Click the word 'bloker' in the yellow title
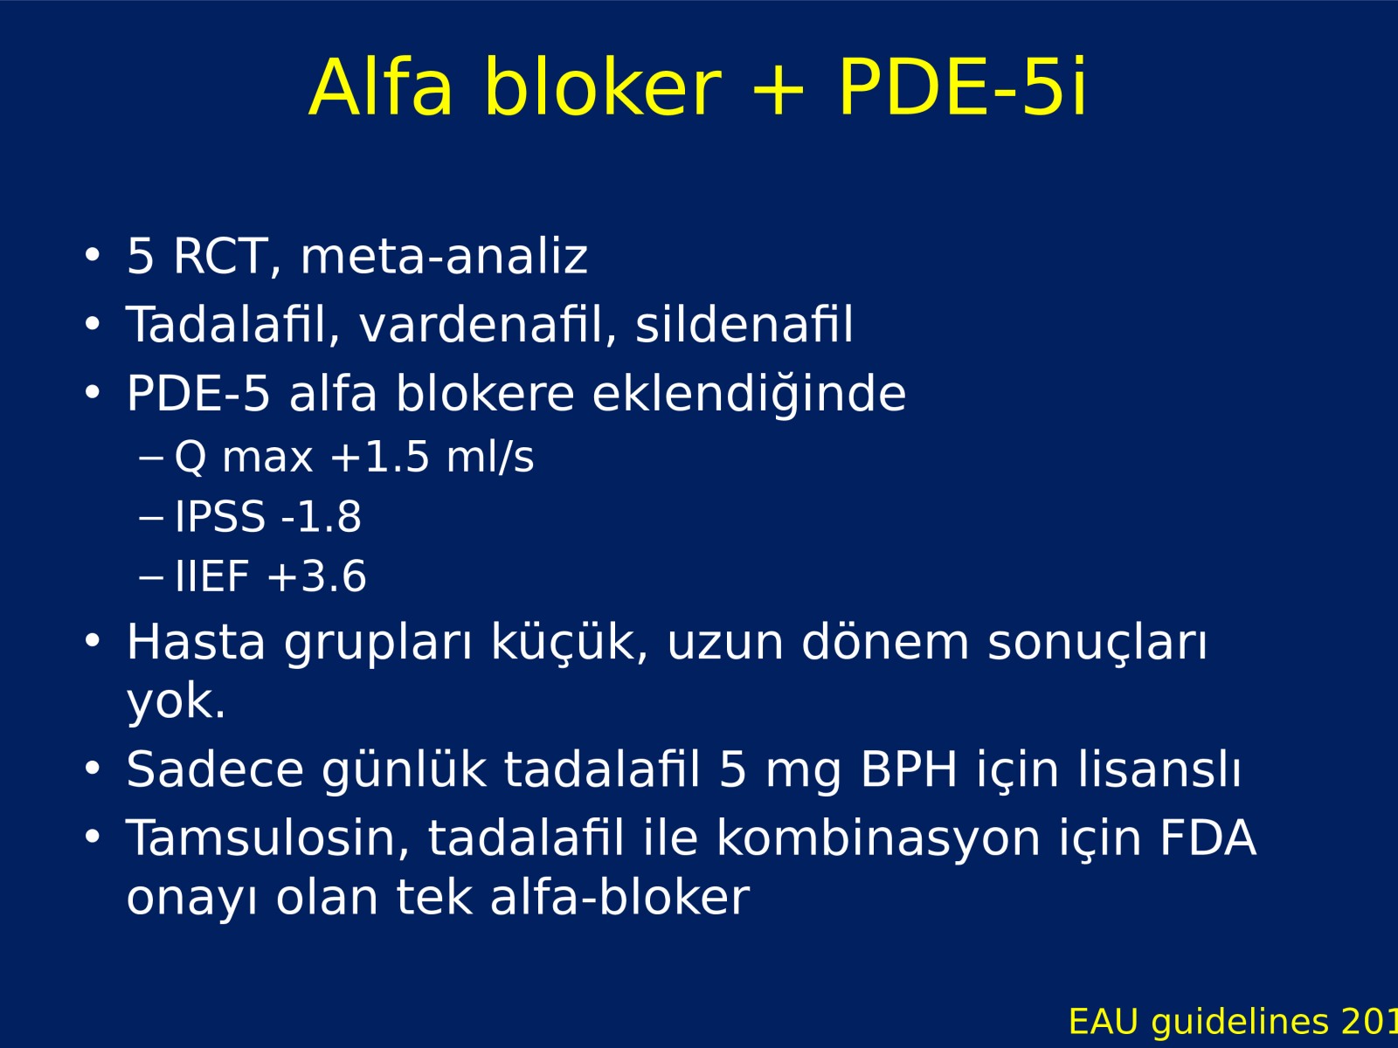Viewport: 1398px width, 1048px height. click(x=603, y=86)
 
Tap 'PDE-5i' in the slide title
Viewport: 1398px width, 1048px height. click(x=962, y=86)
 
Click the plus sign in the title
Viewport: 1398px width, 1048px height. click(x=778, y=90)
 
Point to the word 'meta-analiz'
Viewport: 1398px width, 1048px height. click(x=444, y=256)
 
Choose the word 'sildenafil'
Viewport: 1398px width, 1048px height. click(x=744, y=324)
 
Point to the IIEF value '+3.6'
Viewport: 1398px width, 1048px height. click(x=316, y=576)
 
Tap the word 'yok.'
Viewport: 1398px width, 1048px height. click(x=176, y=702)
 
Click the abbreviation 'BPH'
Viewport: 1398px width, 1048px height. click(x=909, y=769)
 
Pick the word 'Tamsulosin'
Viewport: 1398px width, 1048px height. click(x=267, y=838)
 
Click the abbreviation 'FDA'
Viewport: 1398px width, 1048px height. click(x=1208, y=838)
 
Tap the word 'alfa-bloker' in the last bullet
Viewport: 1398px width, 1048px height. click(x=619, y=898)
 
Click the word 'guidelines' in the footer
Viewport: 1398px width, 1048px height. click(x=1240, y=1022)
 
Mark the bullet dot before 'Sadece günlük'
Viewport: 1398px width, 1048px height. click(x=93, y=768)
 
